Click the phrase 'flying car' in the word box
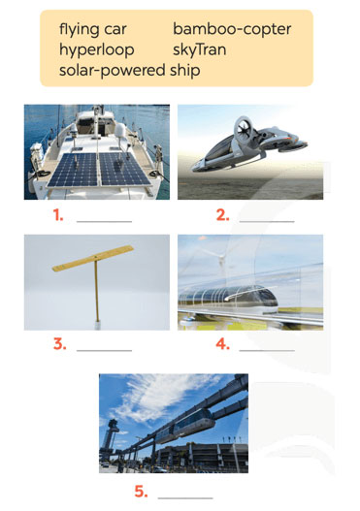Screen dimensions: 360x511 click(x=92, y=30)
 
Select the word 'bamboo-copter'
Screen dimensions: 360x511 click(x=232, y=29)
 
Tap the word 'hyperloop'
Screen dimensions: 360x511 click(x=96, y=50)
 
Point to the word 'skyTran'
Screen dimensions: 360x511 click(x=199, y=49)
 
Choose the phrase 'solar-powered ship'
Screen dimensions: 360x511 click(x=129, y=71)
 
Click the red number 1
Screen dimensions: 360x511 click(x=57, y=214)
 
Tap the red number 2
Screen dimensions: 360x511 click(x=223, y=215)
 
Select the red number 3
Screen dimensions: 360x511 click(x=59, y=344)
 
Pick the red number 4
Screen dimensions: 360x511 click(x=223, y=344)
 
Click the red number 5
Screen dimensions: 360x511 click(x=141, y=491)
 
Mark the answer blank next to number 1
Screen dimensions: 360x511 click(x=105, y=222)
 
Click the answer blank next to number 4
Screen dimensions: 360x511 click(x=267, y=351)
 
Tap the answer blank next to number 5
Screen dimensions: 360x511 click(x=185, y=498)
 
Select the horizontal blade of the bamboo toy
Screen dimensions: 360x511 click(x=93, y=259)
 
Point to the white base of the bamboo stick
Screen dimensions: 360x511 click(x=97, y=325)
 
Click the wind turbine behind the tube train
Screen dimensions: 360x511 click(x=221, y=261)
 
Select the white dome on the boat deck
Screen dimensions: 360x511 click(x=120, y=131)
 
